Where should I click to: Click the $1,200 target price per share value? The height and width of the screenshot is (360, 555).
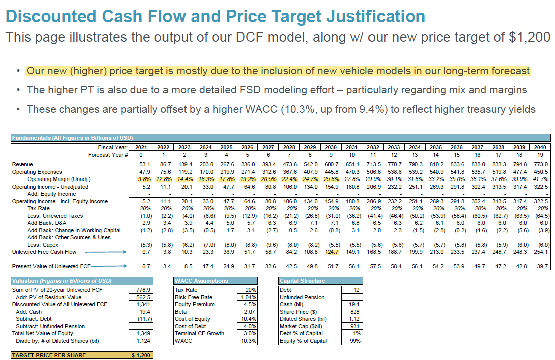(x=140, y=355)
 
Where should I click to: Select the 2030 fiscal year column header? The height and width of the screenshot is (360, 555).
(x=331, y=147)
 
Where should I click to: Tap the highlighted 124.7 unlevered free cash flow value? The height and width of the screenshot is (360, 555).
(x=331, y=252)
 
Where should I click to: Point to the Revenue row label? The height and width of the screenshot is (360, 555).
(x=23, y=164)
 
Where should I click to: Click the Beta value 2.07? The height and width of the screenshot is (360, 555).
(x=250, y=312)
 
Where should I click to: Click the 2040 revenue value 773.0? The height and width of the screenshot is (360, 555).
(x=540, y=164)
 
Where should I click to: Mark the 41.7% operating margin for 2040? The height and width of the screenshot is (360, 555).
(x=540, y=179)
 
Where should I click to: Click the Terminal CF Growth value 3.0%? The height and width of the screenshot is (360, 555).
(x=250, y=333)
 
